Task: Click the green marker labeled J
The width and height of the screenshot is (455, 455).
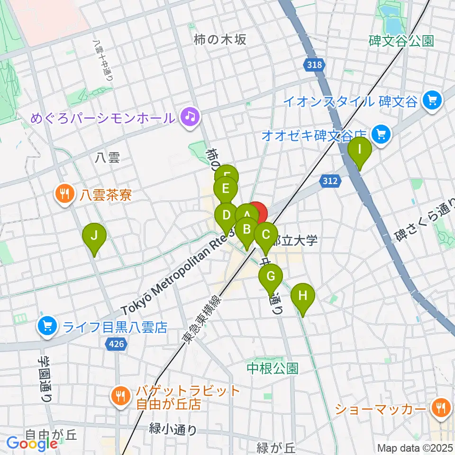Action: click(94, 235)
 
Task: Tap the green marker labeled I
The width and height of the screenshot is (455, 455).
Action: click(360, 150)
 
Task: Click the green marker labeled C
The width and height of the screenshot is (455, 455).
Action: click(266, 235)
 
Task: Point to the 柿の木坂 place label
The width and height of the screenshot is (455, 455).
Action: click(220, 40)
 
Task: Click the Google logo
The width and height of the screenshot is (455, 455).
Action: click(32, 444)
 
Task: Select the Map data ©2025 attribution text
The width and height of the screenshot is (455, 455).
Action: click(414, 447)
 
